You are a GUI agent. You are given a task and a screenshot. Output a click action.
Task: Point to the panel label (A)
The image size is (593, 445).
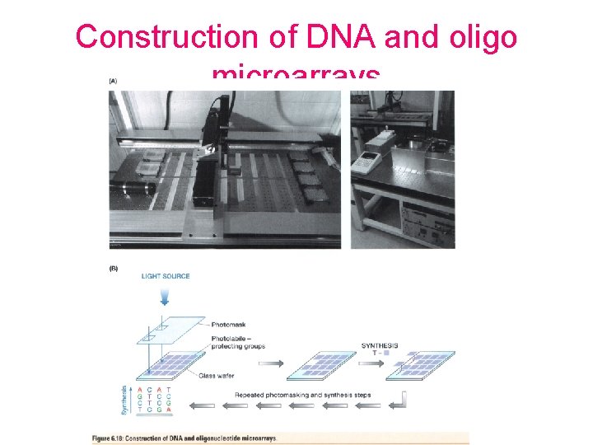113,81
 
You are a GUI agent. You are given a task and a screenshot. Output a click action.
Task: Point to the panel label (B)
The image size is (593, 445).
113,267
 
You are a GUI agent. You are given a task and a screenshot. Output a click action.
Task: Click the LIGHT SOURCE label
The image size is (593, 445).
166,276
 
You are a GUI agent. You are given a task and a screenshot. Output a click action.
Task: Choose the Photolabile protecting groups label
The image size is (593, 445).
233,342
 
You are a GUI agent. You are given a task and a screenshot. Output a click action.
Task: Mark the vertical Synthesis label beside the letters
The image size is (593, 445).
124,399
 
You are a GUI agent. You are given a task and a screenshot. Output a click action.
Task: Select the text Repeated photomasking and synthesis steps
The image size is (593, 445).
302,395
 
